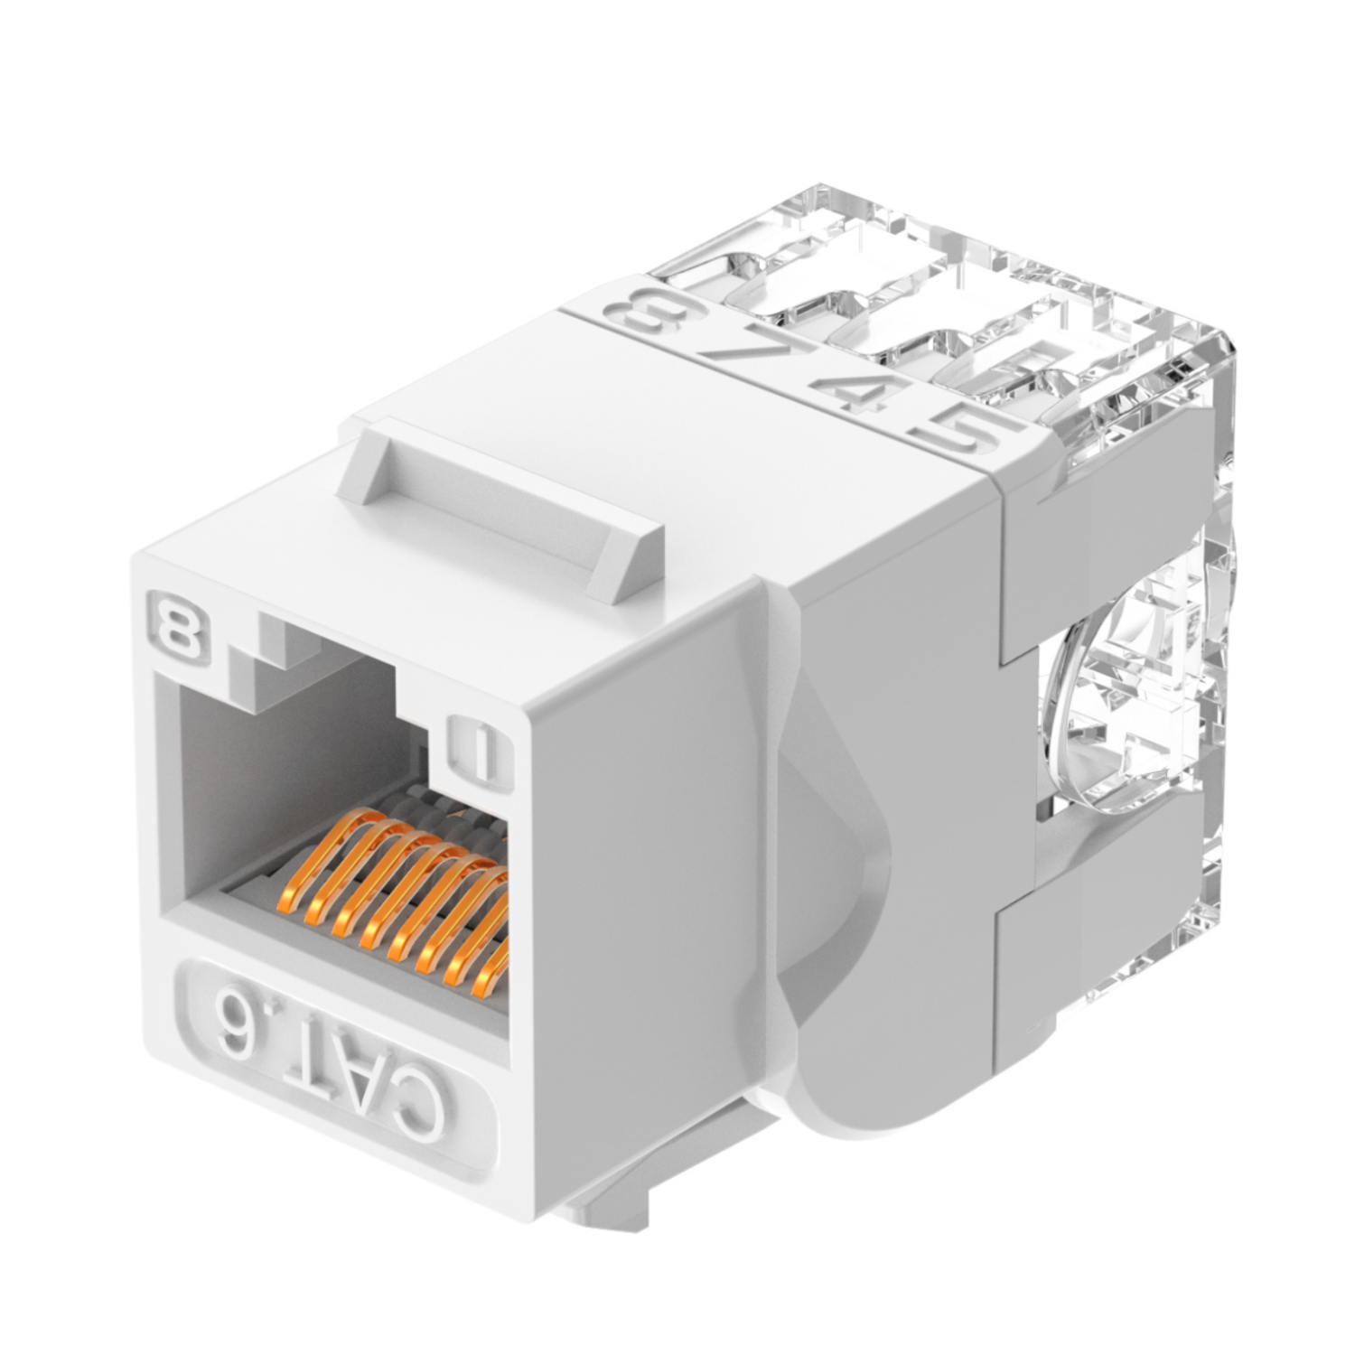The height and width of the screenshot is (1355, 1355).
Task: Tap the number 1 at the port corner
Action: tap(479, 749)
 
